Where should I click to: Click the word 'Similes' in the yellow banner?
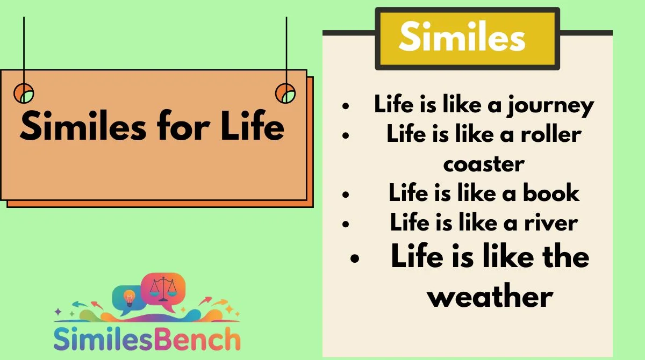(x=462, y=36)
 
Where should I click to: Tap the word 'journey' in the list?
(x=551, y=106)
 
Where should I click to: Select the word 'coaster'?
(x=484, y=164)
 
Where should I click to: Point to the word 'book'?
(x=551, y=192)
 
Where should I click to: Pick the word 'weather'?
(x=490, y=296)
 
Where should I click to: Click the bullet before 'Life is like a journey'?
(x=346, y=106)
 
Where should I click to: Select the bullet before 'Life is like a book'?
(x=346, y=195)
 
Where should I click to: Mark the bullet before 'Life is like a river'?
(x=346, y=224)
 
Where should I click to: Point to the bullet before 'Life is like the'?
(x=355, y=258)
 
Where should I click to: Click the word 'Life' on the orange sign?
(x=253, y=126)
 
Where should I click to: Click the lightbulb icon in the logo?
(x=129, y=298)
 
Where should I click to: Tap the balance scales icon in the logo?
(x=163, y=289)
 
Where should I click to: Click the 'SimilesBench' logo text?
(x=147, y=339)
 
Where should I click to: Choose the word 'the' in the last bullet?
(x=566, y=256)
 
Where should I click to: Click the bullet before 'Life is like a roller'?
(x=346, y=135)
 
